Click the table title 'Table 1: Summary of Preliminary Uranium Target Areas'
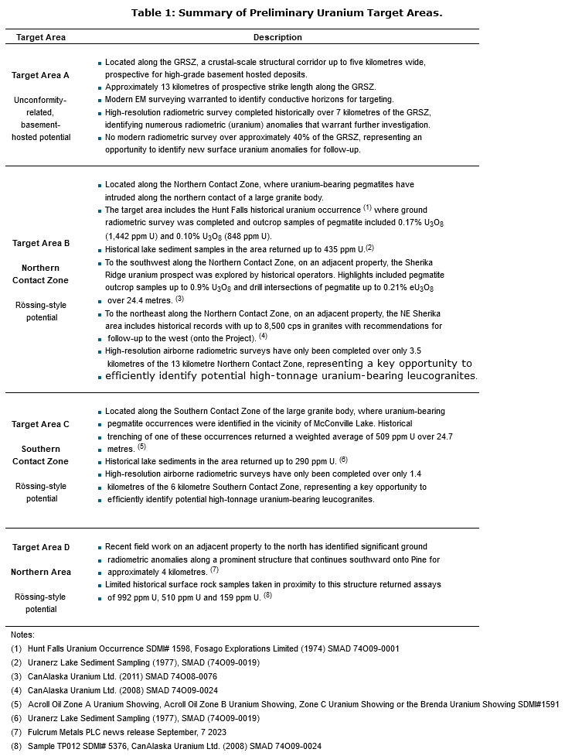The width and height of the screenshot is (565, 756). click(287, 12)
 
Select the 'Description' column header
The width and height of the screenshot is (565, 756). click(277, 37)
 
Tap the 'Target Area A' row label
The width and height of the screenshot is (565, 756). click(40, 75)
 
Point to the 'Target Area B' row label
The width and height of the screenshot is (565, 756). click(40, 243)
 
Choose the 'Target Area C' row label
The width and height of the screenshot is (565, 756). click(40, 424)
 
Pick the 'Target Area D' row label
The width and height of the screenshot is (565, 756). click(40, 547)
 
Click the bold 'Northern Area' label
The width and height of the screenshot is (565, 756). click(40, 572)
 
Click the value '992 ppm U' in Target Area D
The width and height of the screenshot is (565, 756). click(141, 597)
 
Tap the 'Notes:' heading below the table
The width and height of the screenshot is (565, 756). click(23, 635)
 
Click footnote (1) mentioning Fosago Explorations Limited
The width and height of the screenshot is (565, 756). click(205, 648)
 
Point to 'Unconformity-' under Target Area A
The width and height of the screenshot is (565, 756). click(40, 100)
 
